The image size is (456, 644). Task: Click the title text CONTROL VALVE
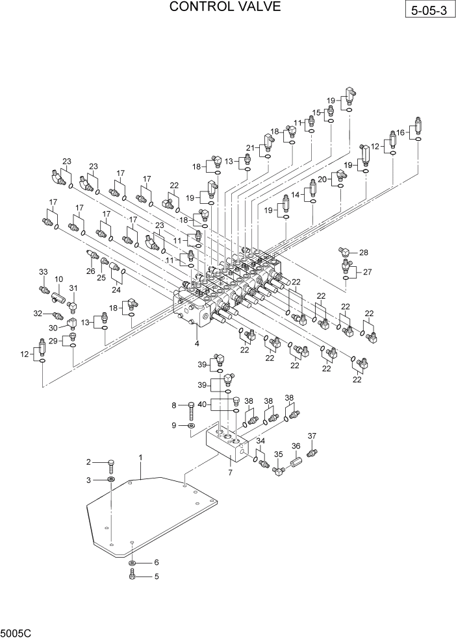[x=225, y=7]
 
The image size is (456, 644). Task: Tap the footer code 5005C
[x=14, y=632]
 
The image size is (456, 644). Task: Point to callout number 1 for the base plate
[x=140, y=458]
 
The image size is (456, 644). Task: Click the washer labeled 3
[x=112, y=479]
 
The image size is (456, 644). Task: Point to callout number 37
[x=312, y=436]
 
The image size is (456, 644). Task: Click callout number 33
[x=44, y=271]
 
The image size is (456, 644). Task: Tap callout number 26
[x=91, y=271]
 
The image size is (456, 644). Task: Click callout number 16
[x=401, y=132]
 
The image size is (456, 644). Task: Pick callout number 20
[x=322, y=179]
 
